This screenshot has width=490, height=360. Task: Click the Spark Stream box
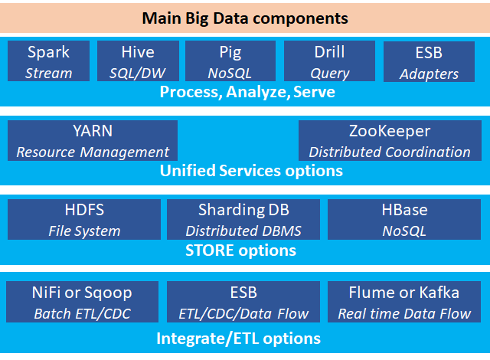(48, 61)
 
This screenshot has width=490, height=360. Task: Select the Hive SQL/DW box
(138, 61)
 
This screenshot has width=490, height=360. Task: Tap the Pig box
(230, 61)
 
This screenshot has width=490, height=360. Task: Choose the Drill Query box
(329, 61)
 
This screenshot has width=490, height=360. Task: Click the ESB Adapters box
(429, 61)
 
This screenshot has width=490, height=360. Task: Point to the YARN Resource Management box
(93, 141)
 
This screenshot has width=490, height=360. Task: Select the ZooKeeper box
(390, 141)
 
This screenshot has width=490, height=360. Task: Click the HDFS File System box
(84, 220)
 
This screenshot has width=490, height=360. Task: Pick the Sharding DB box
(243, 220)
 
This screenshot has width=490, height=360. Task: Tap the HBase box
(404, 220)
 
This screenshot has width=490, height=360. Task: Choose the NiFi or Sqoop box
(82, 302)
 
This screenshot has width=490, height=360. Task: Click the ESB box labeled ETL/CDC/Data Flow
(243, 302)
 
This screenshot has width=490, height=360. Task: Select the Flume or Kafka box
(404, 302)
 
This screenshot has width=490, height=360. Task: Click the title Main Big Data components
(245, 18)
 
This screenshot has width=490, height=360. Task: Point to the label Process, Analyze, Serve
(247, 92)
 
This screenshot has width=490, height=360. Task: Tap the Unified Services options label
(251, 171)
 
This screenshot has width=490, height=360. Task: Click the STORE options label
(240, 250)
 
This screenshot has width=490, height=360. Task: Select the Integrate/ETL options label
(238, 339)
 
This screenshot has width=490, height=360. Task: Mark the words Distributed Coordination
(390, 152)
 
